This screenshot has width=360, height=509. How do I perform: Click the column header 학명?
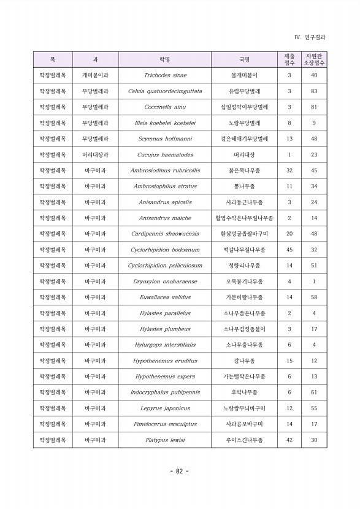165,59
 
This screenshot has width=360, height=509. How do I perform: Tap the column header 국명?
245,59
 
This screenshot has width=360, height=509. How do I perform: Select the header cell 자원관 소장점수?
314,59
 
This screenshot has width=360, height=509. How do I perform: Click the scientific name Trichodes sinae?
165,75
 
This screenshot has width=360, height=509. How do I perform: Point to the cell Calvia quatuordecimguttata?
165,91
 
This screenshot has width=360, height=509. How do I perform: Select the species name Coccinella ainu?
165,107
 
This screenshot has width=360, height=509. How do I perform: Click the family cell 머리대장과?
95,155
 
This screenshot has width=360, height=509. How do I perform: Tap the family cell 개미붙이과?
95,75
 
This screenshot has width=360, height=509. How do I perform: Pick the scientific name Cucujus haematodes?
165,155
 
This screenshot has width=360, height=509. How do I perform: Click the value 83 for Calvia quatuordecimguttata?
314,91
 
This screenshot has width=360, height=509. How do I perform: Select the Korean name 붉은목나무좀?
245,170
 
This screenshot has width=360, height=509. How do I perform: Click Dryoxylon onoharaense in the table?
165,281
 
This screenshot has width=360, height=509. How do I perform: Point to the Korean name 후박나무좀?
245,392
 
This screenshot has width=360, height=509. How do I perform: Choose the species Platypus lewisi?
165,440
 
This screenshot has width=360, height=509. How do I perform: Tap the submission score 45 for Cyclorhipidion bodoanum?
289,250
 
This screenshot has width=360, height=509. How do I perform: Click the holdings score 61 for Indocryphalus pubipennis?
314,392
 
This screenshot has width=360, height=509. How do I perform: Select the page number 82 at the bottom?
179,471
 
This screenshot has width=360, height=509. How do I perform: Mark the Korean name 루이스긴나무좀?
245,440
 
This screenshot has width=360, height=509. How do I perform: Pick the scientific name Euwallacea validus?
165,297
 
